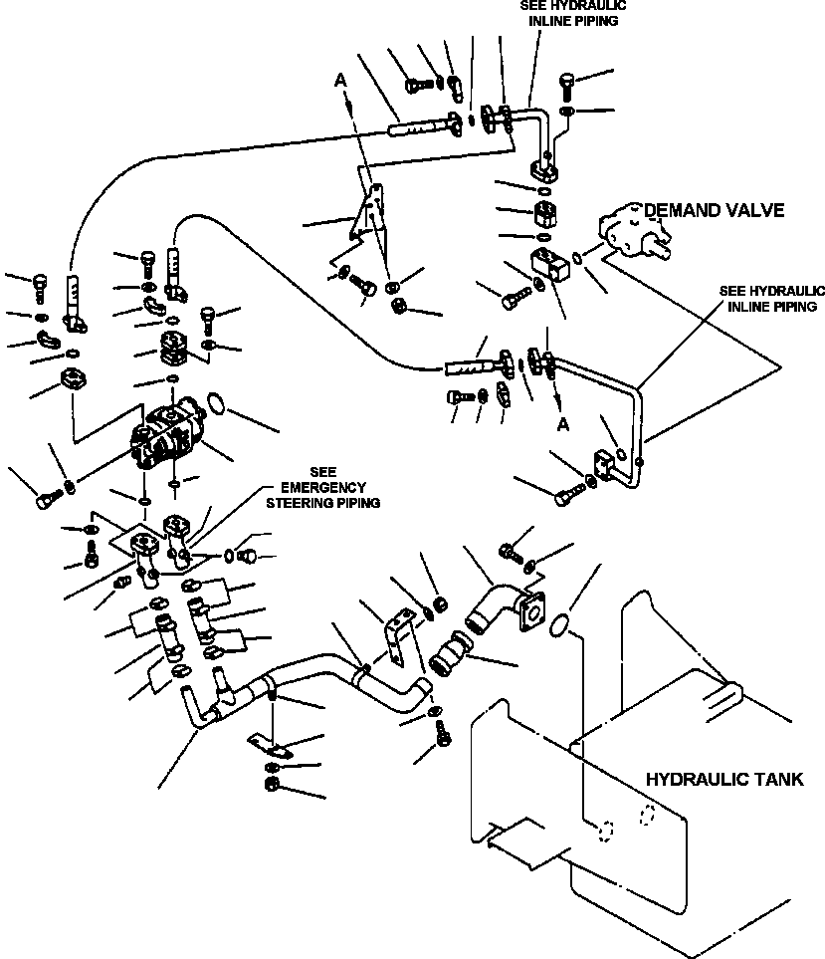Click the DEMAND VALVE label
(714, 210)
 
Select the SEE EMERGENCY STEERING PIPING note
(323, 488)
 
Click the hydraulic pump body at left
(174, 436)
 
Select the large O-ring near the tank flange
(562, 623)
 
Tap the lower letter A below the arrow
(564, 423)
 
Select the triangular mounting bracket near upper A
(367, 210)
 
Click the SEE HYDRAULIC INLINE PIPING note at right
(772, 298)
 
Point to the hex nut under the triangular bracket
(396, 304)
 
